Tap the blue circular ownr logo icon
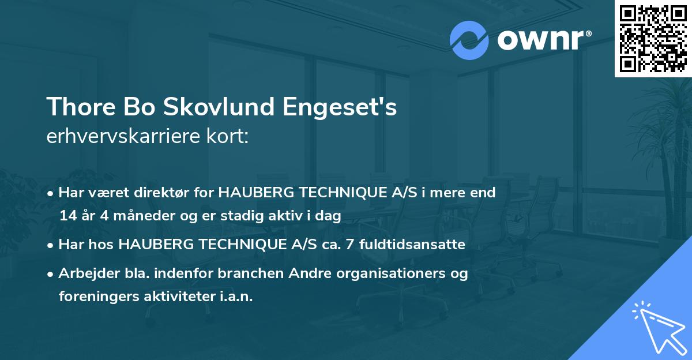[469, 40]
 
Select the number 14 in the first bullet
[67, 216]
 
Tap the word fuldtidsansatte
[412, 245]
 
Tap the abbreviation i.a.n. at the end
[238, 297]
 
